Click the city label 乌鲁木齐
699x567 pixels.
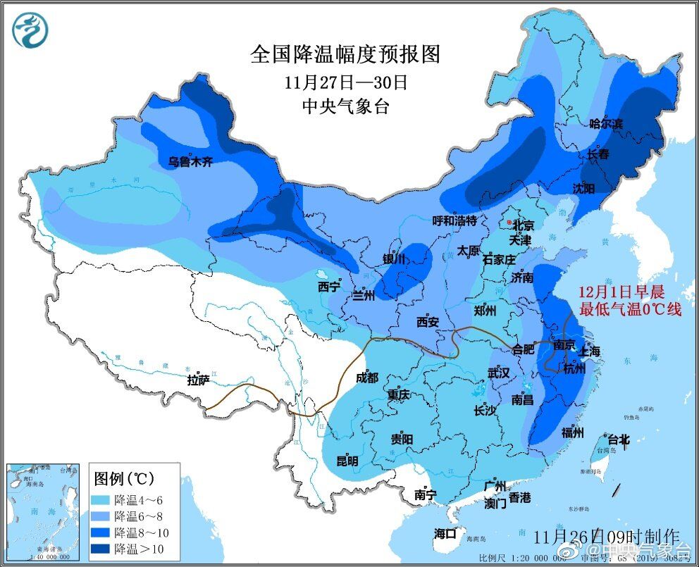pyautogui.click(x=190, y=162)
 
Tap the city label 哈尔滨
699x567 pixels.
pyautogui.click(x=606, y=124)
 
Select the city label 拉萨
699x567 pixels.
pyautogui.click(x=198, y=380)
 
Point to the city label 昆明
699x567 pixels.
pyautogui.click(x=347, y=461)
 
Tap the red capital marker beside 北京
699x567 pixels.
pyautogui.click(x=509, y=223)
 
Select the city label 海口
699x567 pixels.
pyautogui.click(x=445, y=533)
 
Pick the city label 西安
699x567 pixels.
pyautogui.click(x=428, y=322)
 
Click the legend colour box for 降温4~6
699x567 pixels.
pyautogui.click(x=103, y=499)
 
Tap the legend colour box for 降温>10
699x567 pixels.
pyautogui.click(x=103, y=548)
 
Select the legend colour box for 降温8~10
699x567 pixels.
pyautogui.click(x=103, y=532)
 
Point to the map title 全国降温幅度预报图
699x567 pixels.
pyautogui.click(x=345, y=54)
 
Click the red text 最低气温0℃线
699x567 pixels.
pyautogui.click(x=631, y=308)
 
